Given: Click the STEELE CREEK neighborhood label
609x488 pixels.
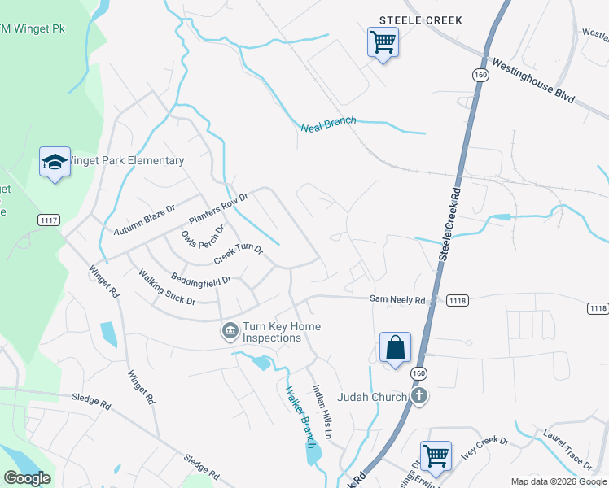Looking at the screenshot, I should [420, 20].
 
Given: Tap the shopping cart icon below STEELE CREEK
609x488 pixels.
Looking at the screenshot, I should [383, 41].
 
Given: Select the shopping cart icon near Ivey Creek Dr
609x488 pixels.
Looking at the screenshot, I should [436, 455].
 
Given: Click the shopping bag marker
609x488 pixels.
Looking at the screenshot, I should [395, 347].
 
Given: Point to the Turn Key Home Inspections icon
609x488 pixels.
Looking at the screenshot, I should [230, 331].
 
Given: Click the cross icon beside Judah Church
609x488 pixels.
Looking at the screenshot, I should [418, 397].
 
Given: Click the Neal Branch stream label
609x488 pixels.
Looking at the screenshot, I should [328, 124].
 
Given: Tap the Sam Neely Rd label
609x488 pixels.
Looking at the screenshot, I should [397, 300].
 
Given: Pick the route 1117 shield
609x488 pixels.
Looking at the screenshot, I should [48, 220].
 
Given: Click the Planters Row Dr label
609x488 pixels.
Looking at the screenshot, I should [217, 210].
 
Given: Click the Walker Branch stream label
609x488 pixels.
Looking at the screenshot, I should [299, 416].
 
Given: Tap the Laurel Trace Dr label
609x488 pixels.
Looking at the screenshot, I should [567, 448].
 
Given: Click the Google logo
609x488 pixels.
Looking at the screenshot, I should [27, 478].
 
